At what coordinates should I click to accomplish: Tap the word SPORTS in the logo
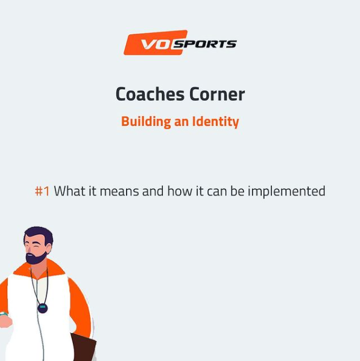[x=205, y=44]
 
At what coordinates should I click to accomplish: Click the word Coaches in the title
[x=150, y=94]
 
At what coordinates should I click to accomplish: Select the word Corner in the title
[x=217, y=94]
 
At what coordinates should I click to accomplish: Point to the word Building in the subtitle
[x=146, y=121]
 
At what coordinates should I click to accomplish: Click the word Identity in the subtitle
[x=216, y=121]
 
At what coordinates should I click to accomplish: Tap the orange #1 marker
[x=42, y=191]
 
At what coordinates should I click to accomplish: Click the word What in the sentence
[x=69, y=191]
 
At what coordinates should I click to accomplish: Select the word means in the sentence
[x=119, y=191]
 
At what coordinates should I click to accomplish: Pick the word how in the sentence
[x=180, y=191]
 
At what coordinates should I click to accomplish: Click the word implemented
[x=286, y=191]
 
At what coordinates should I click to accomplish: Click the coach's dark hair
[x=39, y=234]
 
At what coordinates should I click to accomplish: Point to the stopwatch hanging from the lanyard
[x=43, y=308]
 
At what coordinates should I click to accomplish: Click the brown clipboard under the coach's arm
[x=83, y=347]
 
